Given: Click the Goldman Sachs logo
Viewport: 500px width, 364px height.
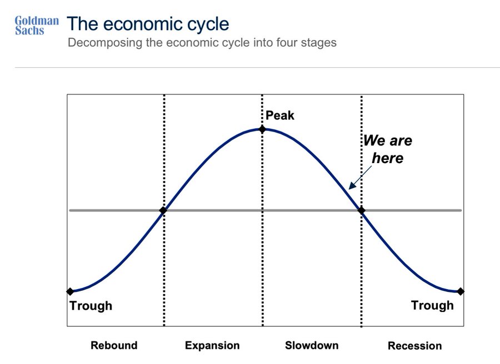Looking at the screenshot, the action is pyautogui.click(x=37, y=25).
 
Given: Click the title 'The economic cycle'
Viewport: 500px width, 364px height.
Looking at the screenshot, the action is pyautogui.click(x=148, y=24).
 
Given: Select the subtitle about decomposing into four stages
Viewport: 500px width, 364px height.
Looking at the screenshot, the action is pyautogui.click(x=202, y=43).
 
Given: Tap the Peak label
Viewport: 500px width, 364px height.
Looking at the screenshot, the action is pyautogui.click(x=280, y=115).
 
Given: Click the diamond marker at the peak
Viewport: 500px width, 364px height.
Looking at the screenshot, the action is pyautogui.click(x=262, y=129).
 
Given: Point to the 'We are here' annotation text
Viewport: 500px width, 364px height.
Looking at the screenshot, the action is pyautogui.click(x=388, y=149).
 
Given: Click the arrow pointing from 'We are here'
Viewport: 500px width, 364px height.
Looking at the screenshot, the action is pyautogui.click(x=361, y=178).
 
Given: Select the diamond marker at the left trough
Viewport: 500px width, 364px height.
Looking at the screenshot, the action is pyautogui.click(x=70, y=291).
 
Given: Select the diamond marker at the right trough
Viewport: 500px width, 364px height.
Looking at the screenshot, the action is pyautogui.click(x=460, y=291).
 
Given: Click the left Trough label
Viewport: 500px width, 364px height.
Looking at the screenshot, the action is pyautogui.click(x=91, y=306).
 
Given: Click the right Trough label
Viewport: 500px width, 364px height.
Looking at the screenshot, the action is pyautogui.click(x=432, y=305).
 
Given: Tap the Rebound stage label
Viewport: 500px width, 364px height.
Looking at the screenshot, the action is pyautogui.click(x=114, y=345).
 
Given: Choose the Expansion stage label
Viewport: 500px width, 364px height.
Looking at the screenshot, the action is pyautogui.click(x=212, y=346).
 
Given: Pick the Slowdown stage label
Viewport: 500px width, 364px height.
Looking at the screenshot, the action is pyautogui.click(x=312, y=345).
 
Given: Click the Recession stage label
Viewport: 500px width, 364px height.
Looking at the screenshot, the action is pyautogui.click(x=415, y=346).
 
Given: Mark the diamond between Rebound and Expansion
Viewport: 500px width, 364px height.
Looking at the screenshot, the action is pyautogui.click(x=163, y=210).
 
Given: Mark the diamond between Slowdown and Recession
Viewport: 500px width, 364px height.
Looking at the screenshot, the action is pyautogui.click(x=361, y=210).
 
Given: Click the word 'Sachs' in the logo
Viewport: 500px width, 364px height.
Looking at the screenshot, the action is pyautogui.click(x=29, y=31).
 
